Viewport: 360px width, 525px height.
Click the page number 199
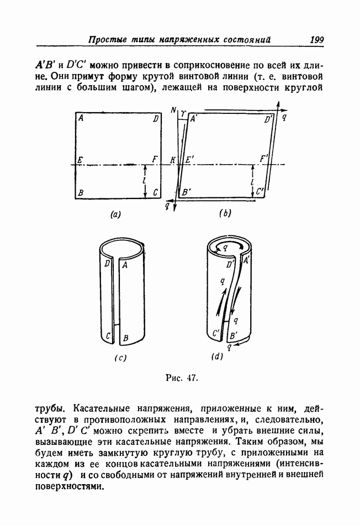[x=317, y=40]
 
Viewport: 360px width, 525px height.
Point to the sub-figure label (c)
[x=120, y=357]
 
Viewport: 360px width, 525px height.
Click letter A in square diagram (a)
[x=81, y=118]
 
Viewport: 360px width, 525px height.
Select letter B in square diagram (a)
[x=81, y=192]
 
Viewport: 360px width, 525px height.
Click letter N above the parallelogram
[x=173, y=111]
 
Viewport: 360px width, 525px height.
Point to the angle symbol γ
[x=182, y=112]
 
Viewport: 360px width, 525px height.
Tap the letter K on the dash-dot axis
[x=173, y=160]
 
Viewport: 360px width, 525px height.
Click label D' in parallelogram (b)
[x=269, y=119]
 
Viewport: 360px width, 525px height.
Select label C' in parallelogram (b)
[x=261, y=192]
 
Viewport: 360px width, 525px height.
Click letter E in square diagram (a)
[x=81, y=160]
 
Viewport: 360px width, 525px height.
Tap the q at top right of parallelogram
[x=284, y=117]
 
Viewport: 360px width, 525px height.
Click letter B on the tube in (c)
[x=127, y=337]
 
